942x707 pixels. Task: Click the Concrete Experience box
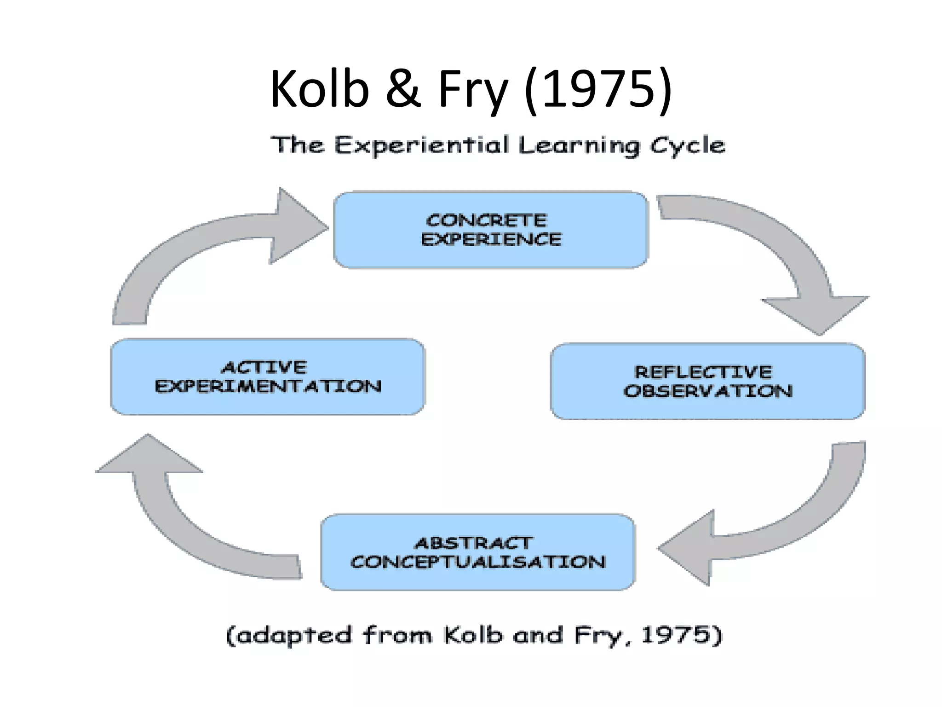491,230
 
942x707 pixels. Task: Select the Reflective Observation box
707,381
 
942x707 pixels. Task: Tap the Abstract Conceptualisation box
478,552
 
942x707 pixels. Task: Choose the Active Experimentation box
268,377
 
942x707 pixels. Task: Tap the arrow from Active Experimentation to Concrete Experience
193,249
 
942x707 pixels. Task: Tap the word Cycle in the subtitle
687,145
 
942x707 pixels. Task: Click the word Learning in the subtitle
579,145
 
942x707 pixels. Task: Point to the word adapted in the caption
289,635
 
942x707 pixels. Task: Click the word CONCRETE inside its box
486,220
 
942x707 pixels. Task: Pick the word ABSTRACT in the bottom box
474,544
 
